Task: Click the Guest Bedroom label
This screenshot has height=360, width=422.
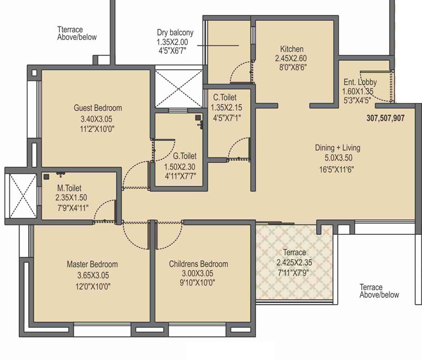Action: (97, 108)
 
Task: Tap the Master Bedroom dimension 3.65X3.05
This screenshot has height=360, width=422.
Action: (93, 275)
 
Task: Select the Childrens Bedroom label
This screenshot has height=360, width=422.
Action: (198, 264)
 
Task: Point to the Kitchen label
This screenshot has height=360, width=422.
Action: (292, 49)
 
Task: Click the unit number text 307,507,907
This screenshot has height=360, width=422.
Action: (385, 118)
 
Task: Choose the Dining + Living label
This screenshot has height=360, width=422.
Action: (337, 148)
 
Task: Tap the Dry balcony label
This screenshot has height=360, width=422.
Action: (175, 33)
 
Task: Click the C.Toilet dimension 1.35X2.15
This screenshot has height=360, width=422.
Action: (227, 107)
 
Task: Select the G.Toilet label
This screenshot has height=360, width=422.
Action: (184, 156)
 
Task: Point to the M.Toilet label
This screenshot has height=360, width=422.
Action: (69, 188)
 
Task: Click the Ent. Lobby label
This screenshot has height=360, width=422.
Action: (360, 82)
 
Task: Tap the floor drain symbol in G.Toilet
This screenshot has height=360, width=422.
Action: (198, 117)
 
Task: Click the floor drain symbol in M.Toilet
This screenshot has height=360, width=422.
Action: (47, 177)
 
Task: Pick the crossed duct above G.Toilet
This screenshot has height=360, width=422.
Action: (179, 89)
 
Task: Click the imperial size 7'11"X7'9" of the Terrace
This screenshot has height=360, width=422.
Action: (293, 273)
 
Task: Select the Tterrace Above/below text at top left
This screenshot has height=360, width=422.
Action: (77, 33)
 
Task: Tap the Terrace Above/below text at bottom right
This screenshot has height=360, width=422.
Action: (379, 291)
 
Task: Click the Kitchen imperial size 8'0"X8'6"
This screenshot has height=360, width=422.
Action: (293, 67)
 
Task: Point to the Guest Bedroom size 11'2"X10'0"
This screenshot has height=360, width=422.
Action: (97, 129)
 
